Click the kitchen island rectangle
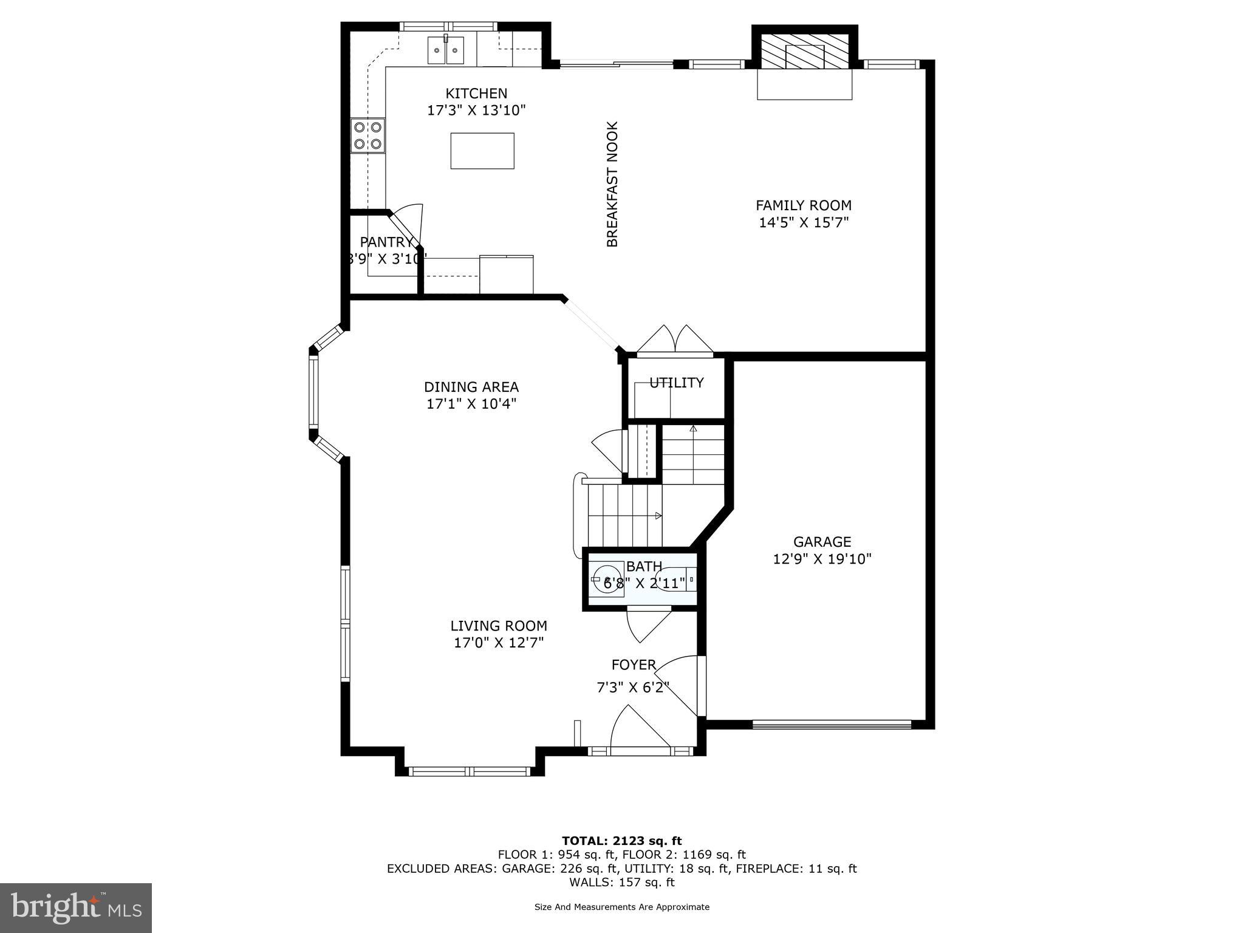coord(482,151)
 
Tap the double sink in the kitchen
coord(446,50)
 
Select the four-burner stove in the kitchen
coord(368,135)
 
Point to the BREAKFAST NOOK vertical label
coord(612,184)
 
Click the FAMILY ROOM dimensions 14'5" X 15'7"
coord(804,222)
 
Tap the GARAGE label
coord(822,541)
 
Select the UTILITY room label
coord(676,383)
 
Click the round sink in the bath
coord(606,578)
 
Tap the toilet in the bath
coord(677,579)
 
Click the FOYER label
coord(634,665)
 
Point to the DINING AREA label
coord(471,387)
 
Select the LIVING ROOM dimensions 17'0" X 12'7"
coord(499,643)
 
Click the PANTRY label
coord(385,242)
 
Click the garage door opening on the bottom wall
coord(832,723)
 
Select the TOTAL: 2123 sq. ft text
coord(621,841)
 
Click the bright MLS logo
coord(76,907)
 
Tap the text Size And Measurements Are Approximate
coord(621,907)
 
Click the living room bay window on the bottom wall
coord(470,771)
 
